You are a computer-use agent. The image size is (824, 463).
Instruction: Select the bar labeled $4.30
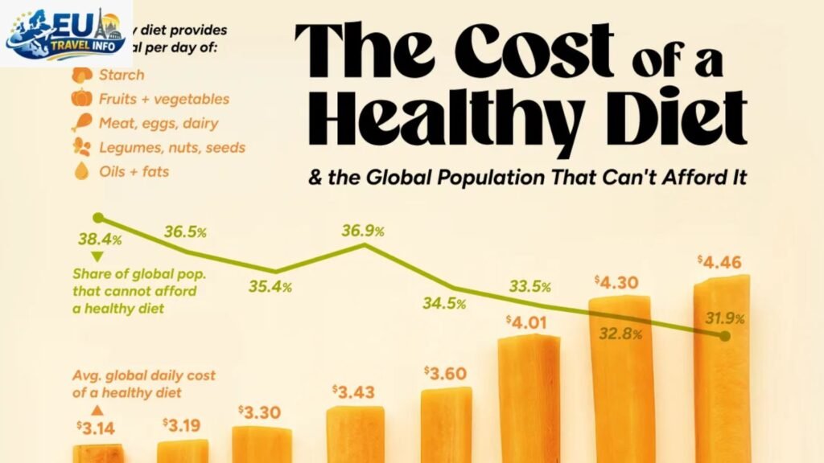click(620, 378)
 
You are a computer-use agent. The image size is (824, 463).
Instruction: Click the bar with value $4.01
click(529, 398)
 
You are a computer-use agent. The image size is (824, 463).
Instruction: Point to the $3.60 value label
click(444, 375)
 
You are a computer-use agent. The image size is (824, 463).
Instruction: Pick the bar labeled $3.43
click(355, 434)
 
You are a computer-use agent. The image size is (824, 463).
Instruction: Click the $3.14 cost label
click(95, 428)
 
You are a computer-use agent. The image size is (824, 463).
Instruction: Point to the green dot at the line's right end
click(724, 336)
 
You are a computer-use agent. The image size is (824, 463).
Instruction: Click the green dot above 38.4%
click(98, 218)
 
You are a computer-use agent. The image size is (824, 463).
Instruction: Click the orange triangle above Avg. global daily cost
click(98, 408)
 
